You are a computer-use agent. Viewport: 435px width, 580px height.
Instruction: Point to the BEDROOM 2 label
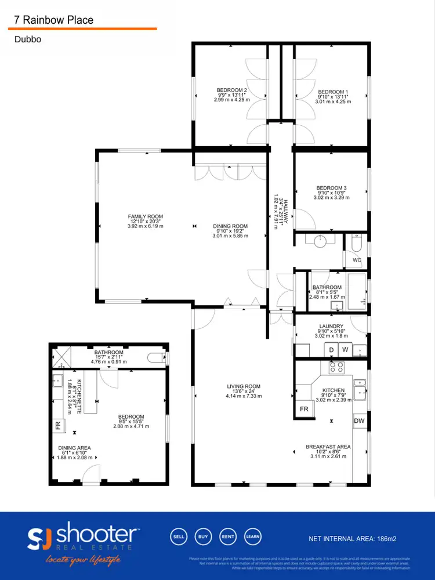pyautogui.click(x=232, y=90)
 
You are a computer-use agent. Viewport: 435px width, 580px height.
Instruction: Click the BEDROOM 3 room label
pyautogui.click(x=331, y=188)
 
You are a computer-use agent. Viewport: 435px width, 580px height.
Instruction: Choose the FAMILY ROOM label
pyautogui.click(x=146, y=216)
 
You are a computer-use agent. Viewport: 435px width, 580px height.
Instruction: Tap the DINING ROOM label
pyautogui.click(x=230, y=226)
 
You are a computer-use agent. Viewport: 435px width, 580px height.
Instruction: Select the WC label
pyautogui.click(x=357, y=260)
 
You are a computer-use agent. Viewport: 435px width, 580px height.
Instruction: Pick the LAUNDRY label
pyautogui.click(x=331, y=326)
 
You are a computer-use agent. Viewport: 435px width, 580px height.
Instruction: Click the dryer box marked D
pyautogui.click(x=331, y=350)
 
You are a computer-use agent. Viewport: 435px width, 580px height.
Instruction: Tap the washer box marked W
pyautogui.click(x=345, y=350)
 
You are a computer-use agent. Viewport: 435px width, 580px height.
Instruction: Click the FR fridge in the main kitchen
pyautogui.click(x=304, y=409)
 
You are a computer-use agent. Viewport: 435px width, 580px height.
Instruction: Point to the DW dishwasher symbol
pyautogui.click(x=360, y=421)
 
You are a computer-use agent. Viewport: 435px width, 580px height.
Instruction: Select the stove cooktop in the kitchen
pyautogui.click(x=336, y=367)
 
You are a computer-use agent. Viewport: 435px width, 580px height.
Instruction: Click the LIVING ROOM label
pyautogui.click(x=244, y=386)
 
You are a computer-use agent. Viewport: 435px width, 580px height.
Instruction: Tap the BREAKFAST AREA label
pyautogui.click(x=328, y=447)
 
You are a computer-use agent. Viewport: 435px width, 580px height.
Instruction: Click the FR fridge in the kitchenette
pyautogui.click(x=57, y=425)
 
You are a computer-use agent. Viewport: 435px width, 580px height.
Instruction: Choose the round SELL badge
pyautogui.click(x=179, y=536)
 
